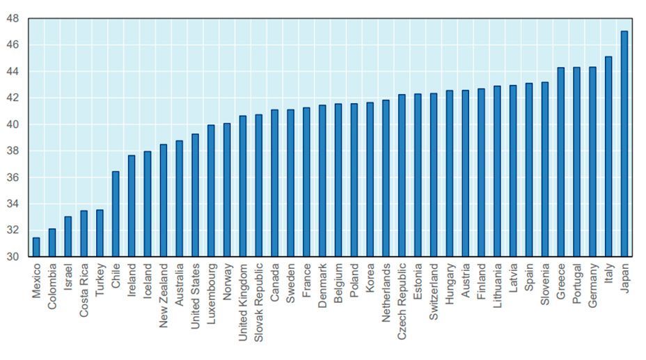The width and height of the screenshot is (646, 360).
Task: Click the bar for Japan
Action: pyautogui.click(x=624, y=143)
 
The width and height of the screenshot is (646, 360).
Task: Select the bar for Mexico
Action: pyautogui.click(x=36, y=247)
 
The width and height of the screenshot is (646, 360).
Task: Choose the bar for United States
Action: pyautogui.click(x=195, y=195)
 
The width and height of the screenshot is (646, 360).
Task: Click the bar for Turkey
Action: pyautogui.click(x=100, y=233)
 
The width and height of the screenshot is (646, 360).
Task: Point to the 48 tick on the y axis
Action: pyautogui.click(x=13, y=18)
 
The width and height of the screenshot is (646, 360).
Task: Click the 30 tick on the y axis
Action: pyautogui.click(x=13, y=257)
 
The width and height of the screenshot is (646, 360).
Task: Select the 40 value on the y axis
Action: pyautogui.click(x=13, y=125)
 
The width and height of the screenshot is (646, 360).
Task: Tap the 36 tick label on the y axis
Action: pyautogui.click(x=13, y=178)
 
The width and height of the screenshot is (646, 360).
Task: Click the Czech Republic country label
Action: pyautogui.click(x=402, y=300)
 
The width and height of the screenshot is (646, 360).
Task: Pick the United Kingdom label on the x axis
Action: pyautogui.click(x=243, y=302)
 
